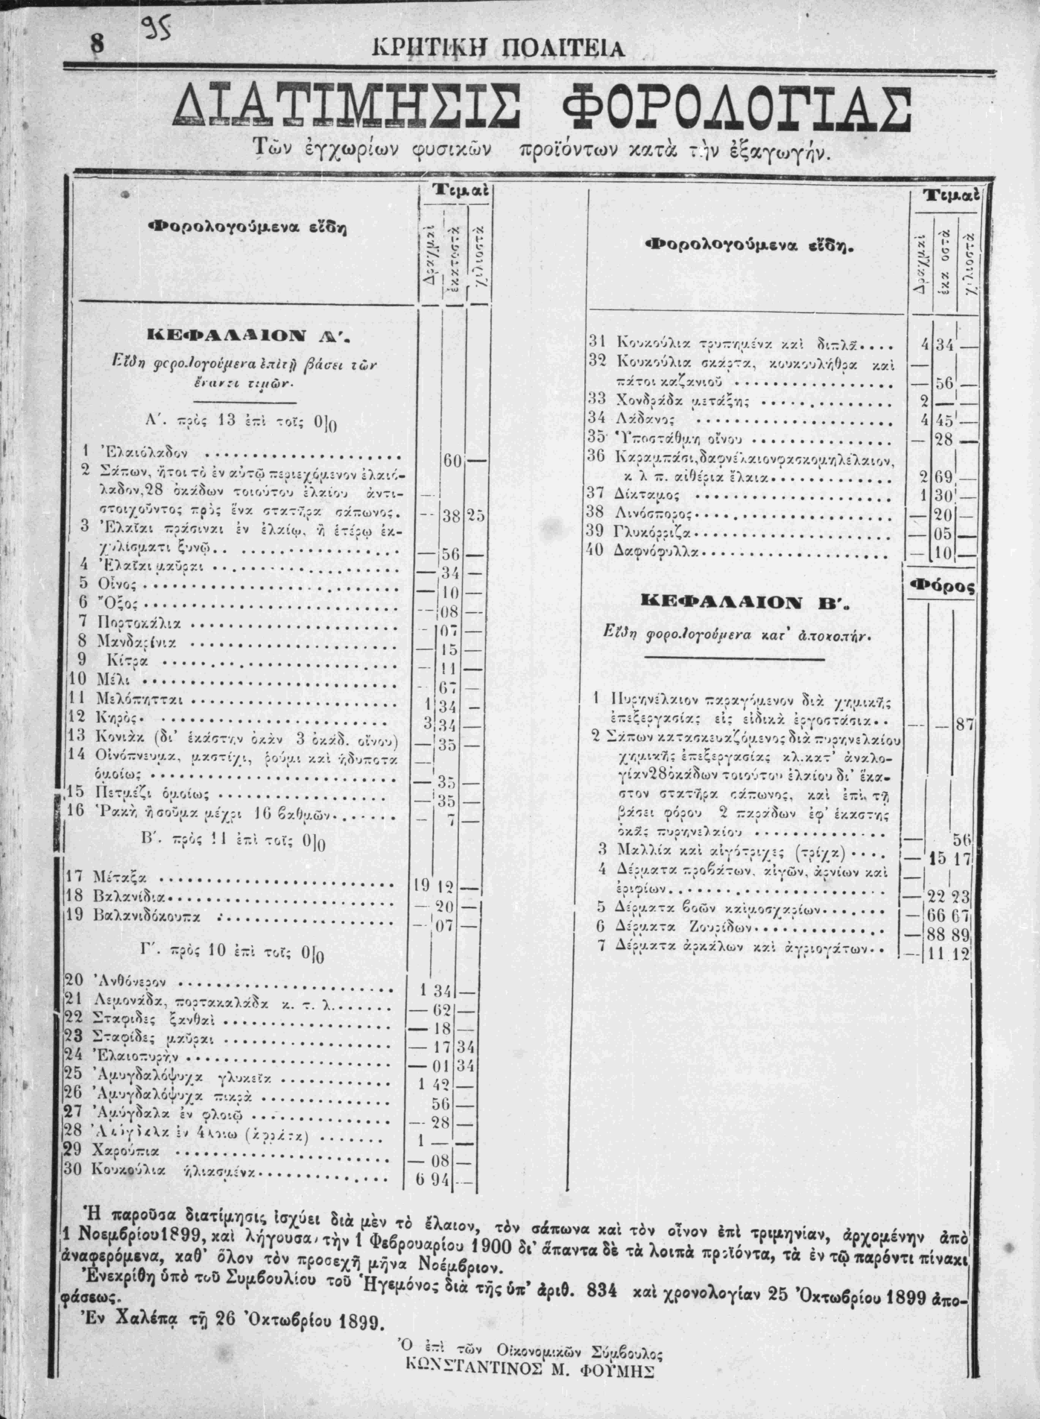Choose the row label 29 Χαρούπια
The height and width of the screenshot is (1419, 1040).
pyautogui.click(x=120, y=1151)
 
